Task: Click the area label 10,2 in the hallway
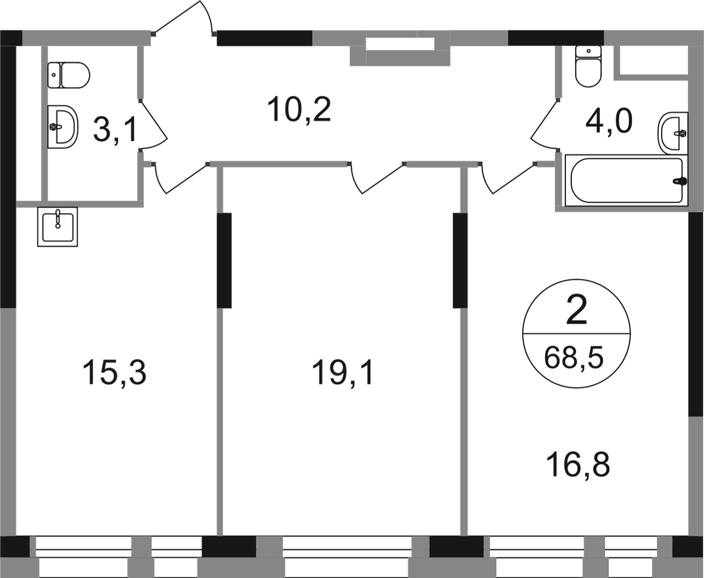coord(300,110)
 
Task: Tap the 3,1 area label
coord(116,130)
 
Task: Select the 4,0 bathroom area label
coord(609,121)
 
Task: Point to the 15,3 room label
coord(114,373)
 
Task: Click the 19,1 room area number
coord(343,373)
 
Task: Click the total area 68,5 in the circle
coord(574,357)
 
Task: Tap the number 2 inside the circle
coord(576,311)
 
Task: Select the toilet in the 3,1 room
coord(68,75)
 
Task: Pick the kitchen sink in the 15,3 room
coord(57,226)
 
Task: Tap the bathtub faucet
coord(679,181)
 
